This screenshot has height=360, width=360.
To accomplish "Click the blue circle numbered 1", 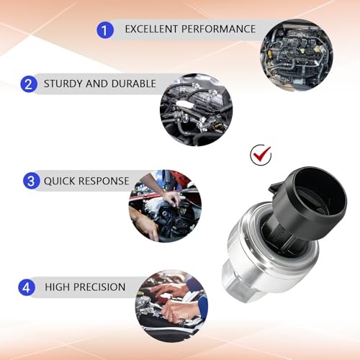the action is tap(105, 30).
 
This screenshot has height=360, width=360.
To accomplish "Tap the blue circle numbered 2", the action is tap(29, 84).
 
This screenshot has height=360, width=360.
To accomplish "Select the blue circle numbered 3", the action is tap(32, 181).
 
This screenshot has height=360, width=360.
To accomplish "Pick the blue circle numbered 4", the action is tap(27, 287).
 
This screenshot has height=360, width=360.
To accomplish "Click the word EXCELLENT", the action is tap(151, 29).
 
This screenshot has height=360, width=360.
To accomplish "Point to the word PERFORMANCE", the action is tap(218, 29).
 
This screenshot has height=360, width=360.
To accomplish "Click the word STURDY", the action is tap(63, 84).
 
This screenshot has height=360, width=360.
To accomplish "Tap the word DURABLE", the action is tap(134, 84).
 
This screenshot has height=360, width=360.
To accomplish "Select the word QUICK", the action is tap(60, 181).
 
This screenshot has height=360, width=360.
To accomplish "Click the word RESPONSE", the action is tap(104, 181).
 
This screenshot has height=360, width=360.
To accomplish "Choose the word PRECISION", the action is tap(99, 287).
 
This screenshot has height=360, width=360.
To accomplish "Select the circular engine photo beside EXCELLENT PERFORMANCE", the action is tap(297, 55).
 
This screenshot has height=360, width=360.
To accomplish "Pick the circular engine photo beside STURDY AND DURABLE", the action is tap(197, 110).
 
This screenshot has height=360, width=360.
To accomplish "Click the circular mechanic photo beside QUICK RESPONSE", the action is tap(165, 206).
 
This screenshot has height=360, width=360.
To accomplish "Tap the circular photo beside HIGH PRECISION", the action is tap(171, 306).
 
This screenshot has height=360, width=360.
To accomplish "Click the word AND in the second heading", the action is tap(96, 84).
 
